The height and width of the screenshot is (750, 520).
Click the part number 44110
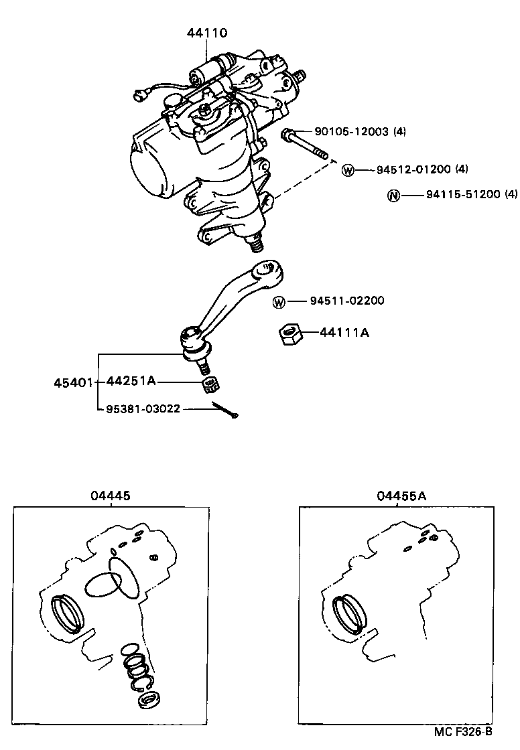point(207,32)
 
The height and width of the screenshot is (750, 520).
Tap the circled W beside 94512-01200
point(347,170)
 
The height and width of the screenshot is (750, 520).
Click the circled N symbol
point(393,196)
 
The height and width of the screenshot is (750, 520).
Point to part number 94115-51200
point(462,195)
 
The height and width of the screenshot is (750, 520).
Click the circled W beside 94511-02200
point(280,301)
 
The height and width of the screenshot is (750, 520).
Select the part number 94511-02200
point(347,301)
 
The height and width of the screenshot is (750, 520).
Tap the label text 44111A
point(344,332)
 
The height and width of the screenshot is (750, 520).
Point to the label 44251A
point(131,381)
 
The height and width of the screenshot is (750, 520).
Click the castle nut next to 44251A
point(211,384)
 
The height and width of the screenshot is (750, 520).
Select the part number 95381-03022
point(144,408)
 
